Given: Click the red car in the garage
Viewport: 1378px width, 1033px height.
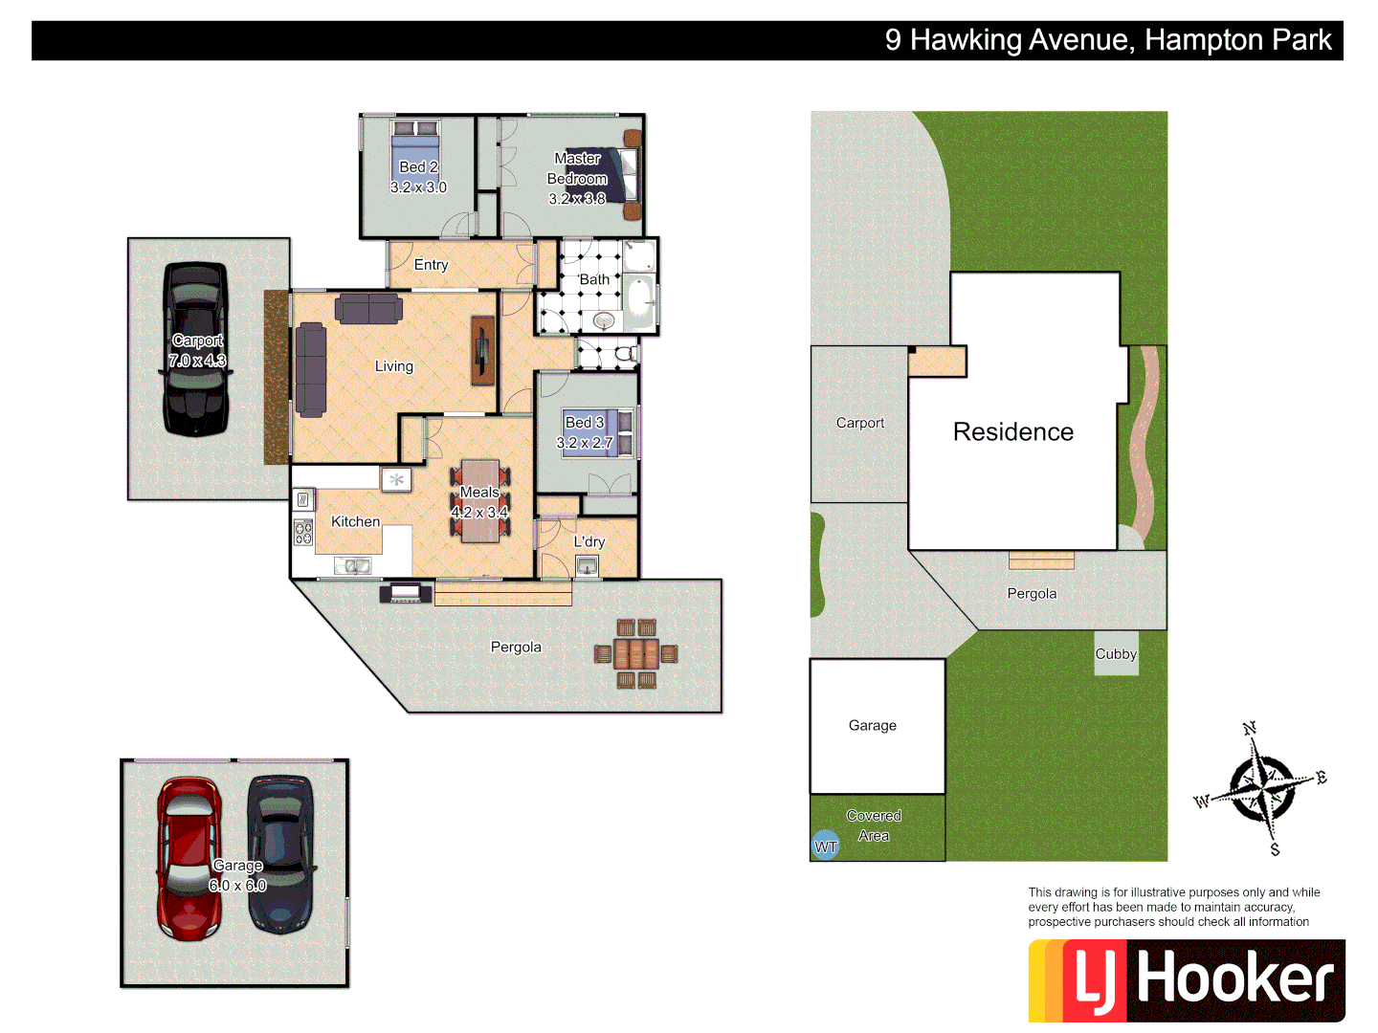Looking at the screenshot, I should (x=189, y=858).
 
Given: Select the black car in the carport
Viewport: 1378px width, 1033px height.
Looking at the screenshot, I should (x=196, y=349).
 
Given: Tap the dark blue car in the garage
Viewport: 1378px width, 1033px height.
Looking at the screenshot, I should (x=280, y=853).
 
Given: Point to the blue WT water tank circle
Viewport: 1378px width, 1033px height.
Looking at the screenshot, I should (x=826, y=846).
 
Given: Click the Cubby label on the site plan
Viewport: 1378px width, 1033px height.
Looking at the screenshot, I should (x=1116, y=654).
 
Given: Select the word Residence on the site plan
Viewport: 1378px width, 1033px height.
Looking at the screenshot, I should (x=1012, y=432).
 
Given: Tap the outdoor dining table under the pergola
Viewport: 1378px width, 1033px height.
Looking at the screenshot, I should (x=635, y=654).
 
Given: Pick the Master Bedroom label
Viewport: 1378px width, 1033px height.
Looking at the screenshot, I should (x=577, y=179).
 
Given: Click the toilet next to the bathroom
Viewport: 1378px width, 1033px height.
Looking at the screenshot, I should (x=625, y=355).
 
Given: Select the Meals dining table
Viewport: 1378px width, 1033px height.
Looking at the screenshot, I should (x=479, y=501).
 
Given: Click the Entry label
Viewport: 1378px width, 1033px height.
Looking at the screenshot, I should (x=431, y=265).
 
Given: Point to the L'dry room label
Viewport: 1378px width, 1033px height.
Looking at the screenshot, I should (x=589, y=541).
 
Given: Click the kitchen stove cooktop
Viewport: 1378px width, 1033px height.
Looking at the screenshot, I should (x=303, y=533).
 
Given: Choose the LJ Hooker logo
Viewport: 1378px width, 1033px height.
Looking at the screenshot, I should (x=1187, y=980).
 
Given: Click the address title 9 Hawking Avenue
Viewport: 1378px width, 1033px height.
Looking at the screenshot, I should (x=1107, y=40).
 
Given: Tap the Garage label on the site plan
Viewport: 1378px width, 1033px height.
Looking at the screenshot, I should (x=873, y=726).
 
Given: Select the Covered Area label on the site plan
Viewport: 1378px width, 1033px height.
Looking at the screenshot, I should (x=874, y=825).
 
